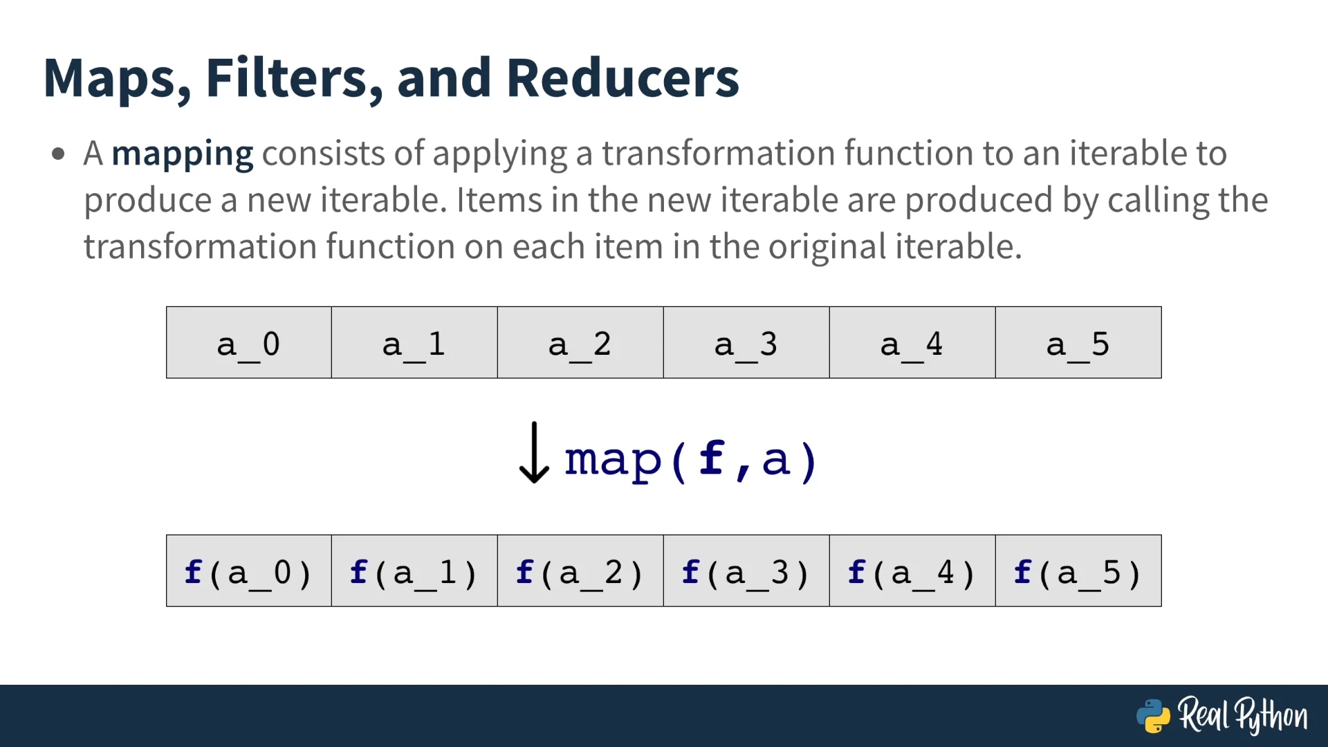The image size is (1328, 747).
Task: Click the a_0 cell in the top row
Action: tap(249, 342)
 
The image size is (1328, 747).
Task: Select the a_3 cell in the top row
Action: tap(746, 342)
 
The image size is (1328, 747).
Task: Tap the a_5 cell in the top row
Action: tap(1078, 342)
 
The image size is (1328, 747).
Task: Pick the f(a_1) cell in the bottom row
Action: tap(414, 571)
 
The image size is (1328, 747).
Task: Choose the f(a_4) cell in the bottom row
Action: tap(912, 571)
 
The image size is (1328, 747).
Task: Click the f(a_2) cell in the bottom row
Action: tap(580, 571)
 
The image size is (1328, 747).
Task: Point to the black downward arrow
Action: tap(534, 452)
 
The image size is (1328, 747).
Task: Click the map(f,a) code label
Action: tap(691, 460)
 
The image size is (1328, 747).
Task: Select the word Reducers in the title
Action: tap(622, 77)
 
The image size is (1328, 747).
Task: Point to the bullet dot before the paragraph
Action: tap(58, 154)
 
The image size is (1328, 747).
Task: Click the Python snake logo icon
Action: tap(1153, 716)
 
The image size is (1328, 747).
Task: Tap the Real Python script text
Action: tap(1243, 715)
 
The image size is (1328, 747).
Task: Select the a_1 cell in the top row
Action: tap(414, 342)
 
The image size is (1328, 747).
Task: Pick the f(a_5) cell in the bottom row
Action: tap(1078, 571)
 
